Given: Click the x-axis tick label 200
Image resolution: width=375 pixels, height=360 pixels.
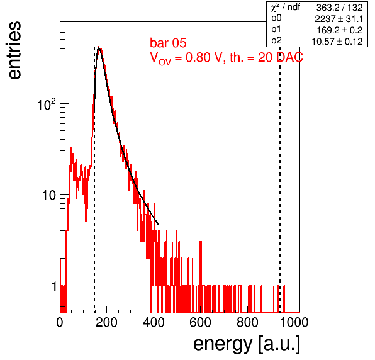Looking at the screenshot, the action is pyautogui.click(x=106, y=322).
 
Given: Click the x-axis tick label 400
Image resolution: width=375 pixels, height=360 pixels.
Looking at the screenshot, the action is pyautogui.click(x=154, y=322).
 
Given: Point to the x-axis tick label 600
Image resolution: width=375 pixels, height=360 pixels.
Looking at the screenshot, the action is pyautogui.click(x=201, y=322).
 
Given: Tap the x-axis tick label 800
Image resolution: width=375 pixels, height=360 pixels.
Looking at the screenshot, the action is pyautogui.click(x=247, y=322).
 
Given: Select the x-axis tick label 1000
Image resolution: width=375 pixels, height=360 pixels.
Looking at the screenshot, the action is pyautogui.click(x=294, y=322).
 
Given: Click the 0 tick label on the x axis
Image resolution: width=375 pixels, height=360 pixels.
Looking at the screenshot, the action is pyautogui.click(x=60, y=322).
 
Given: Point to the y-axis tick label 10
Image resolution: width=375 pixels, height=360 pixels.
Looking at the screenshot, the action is pyautogui.click(x=49, y=196).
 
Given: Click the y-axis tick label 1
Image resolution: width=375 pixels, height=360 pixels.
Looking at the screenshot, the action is pyautogui.click(x=54, y=286).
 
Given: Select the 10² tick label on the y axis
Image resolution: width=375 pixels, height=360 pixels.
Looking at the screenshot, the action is pyautogui.click(x=47, y=104).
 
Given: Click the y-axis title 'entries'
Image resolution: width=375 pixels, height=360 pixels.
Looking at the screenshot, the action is pyautogui.click(x=15, y=50).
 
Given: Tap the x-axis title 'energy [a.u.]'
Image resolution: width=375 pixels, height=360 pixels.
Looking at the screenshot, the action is pyautogui.click(x=247, y=345).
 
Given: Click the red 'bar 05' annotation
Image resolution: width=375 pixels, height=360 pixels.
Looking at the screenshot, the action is pyautogui.click(x=168, y=43).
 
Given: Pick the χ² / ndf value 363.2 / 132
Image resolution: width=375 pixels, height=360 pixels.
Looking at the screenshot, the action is pyautogui.click(x=339, y=8).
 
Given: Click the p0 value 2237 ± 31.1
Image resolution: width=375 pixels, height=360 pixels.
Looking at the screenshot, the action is pyautogui.click(x=339, y=19).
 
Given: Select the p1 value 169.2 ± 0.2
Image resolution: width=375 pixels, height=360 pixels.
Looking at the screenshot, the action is pyautogui.click(x=340, y=30).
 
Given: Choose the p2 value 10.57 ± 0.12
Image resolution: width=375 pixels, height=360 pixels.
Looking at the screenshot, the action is pyautogui.click(x=337, y=42).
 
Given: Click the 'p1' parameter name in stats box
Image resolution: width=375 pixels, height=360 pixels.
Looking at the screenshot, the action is pyautogui.click(x=276, y=30).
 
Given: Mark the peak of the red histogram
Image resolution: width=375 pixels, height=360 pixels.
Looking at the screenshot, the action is pyautogui.click(x=99, y=47).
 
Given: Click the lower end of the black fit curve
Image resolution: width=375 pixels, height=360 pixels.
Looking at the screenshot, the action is pyautogui.click(x=158, y=224).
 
